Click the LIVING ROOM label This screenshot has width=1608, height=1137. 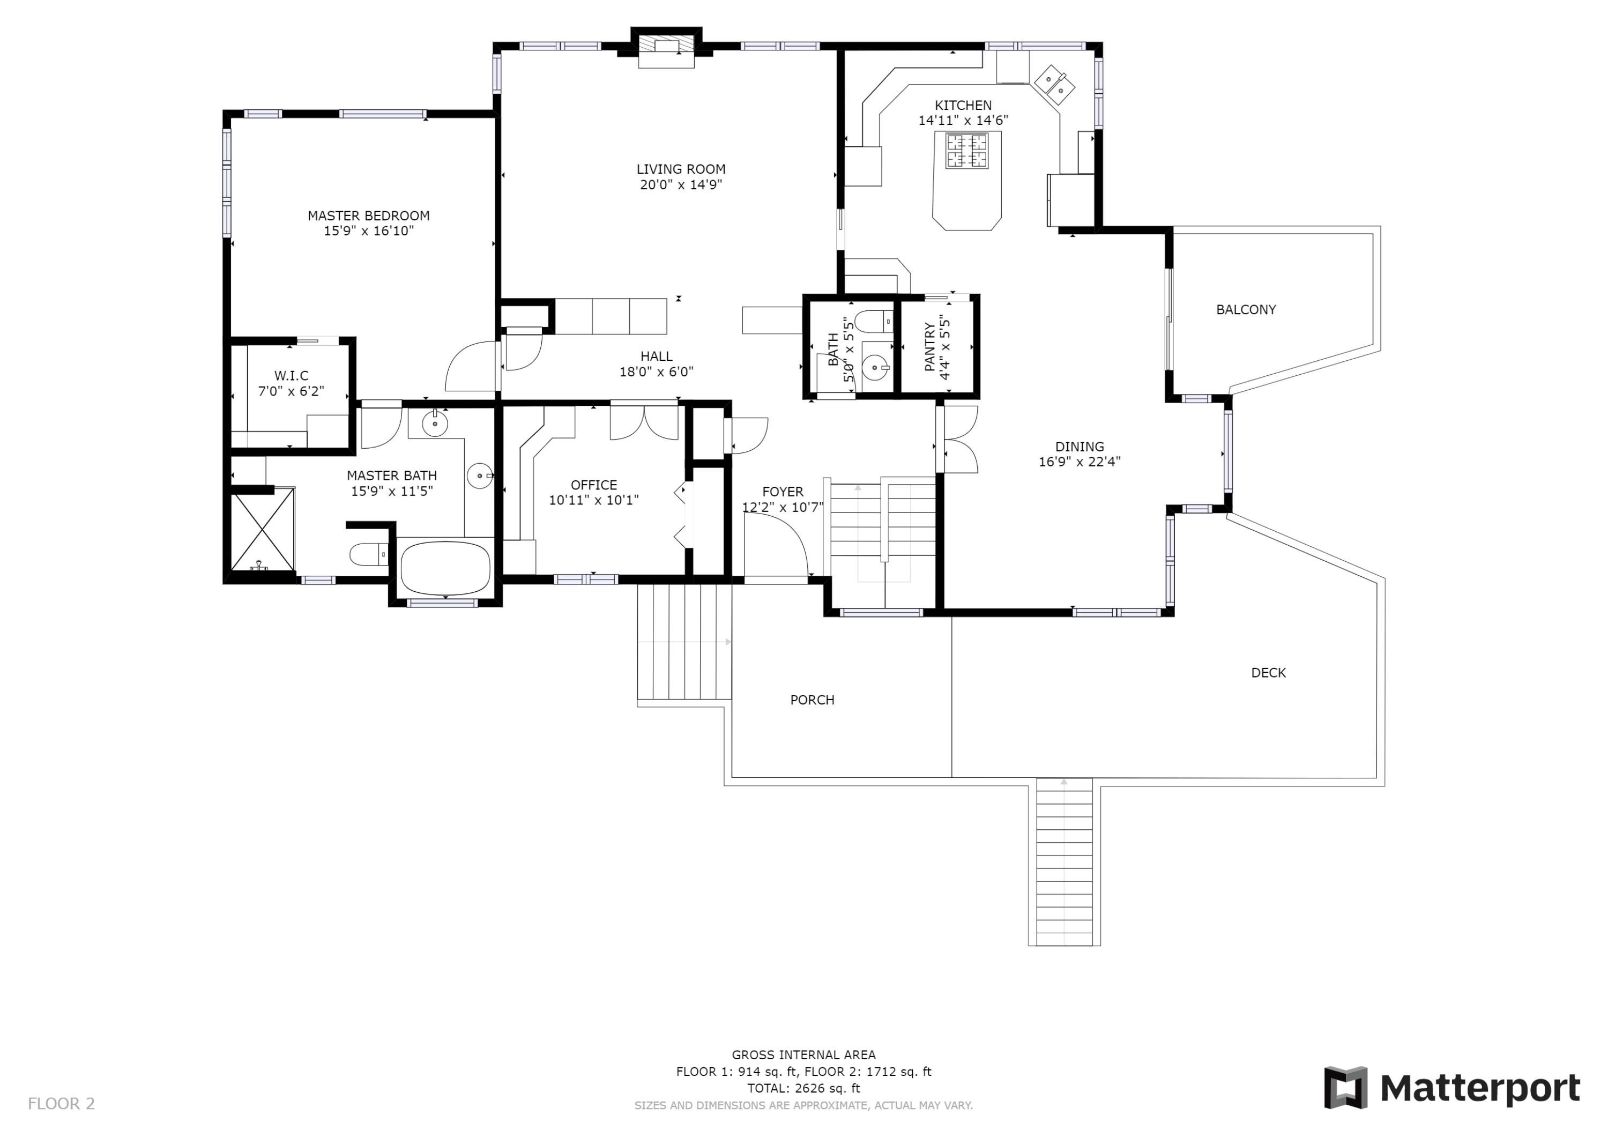[x=680, y=169]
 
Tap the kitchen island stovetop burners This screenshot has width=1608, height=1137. [x=966, y=151]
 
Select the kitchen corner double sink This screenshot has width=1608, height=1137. [x=1055, y=84]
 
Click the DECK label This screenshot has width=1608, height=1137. [x=1268, y=673]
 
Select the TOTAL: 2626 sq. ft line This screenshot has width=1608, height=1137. [x=803, y=1088]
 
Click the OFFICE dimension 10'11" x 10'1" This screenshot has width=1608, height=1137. [x=593, y=500]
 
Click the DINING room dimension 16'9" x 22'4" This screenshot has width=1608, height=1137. [x=1080, y=462]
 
